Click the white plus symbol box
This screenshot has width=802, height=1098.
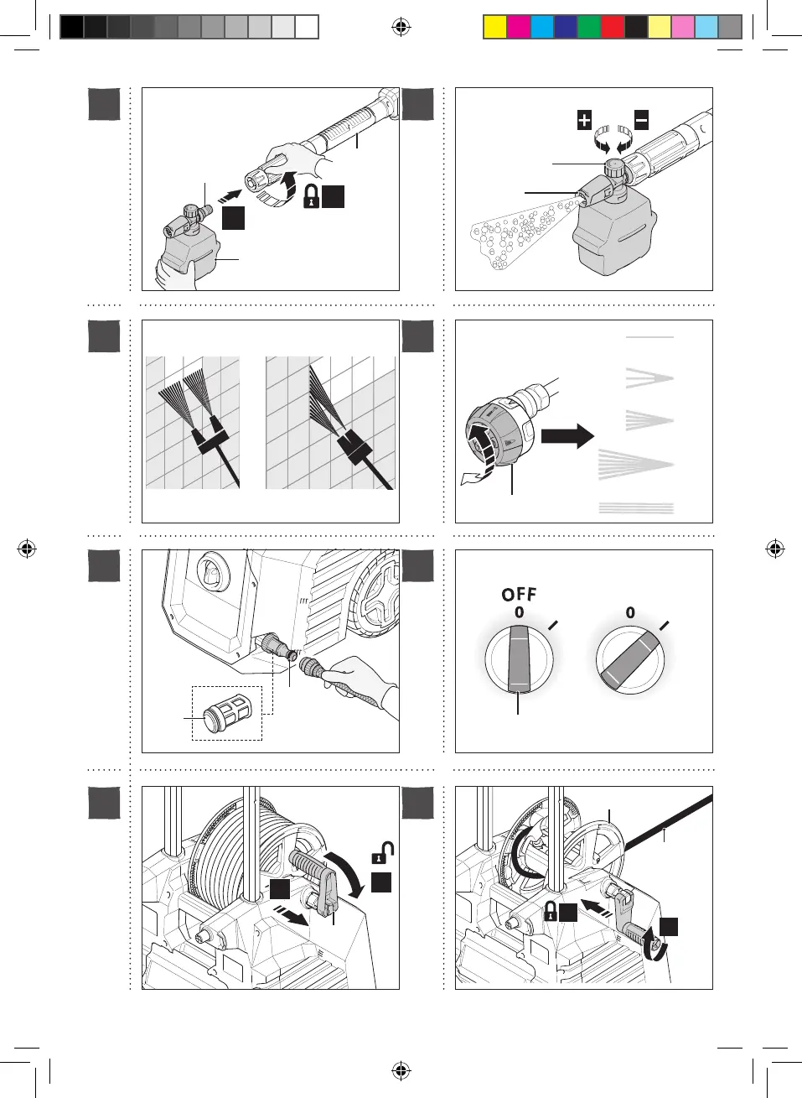(584, 120)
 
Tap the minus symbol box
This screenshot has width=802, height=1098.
(641, 120)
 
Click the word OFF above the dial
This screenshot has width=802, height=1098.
(519, 594)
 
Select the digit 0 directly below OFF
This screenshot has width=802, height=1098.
(520, 612)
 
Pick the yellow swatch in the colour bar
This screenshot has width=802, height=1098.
(495, 28)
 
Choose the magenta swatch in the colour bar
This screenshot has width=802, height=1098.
(519, 28)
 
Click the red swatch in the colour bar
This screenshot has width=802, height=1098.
(613, 28)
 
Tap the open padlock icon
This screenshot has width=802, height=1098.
(383, 852)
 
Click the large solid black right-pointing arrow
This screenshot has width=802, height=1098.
(567, 435)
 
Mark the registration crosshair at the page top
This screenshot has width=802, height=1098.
(401, 28)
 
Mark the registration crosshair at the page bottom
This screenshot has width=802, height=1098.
(401, 1070)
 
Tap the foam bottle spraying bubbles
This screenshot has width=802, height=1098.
(612, 231)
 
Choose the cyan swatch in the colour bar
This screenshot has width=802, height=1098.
(542, 28)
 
